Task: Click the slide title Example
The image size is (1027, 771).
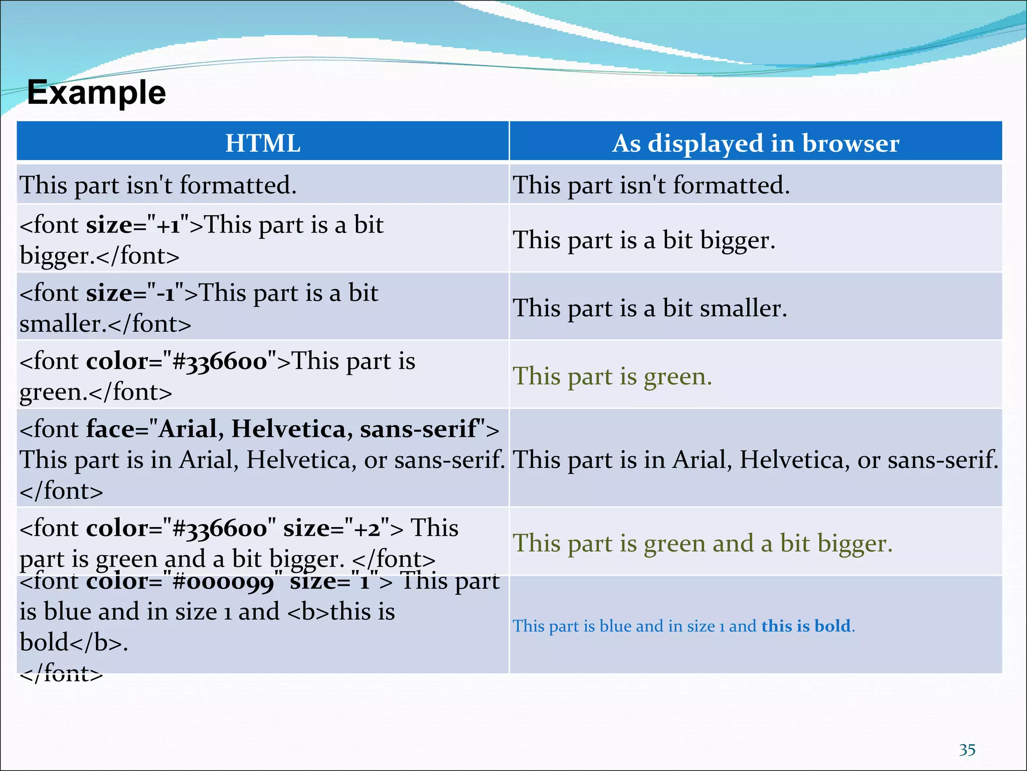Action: click(96, 93)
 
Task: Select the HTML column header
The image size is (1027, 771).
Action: click(263, 143)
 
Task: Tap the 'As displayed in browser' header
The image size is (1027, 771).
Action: click(755, 143)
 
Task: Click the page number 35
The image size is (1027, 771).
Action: click(967, 749)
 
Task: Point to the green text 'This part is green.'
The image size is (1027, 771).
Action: click(612, 376)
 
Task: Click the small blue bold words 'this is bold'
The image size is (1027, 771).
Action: click(806, 626)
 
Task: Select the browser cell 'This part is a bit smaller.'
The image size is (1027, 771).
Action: click(649, 308)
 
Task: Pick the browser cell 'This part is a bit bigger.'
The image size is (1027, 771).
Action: click(644, 240)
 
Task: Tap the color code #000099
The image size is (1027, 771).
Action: click(223, 582)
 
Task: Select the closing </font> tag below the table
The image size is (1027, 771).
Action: click(61, 674)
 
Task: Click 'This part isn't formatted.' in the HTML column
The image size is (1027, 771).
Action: click(158, 185)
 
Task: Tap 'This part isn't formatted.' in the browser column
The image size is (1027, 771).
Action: click(651, 185)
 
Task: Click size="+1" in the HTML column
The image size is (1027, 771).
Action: click(138, 225)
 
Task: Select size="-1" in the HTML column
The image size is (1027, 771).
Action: click(135, 293)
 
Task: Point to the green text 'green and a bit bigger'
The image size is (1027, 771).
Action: click(767, 544)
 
